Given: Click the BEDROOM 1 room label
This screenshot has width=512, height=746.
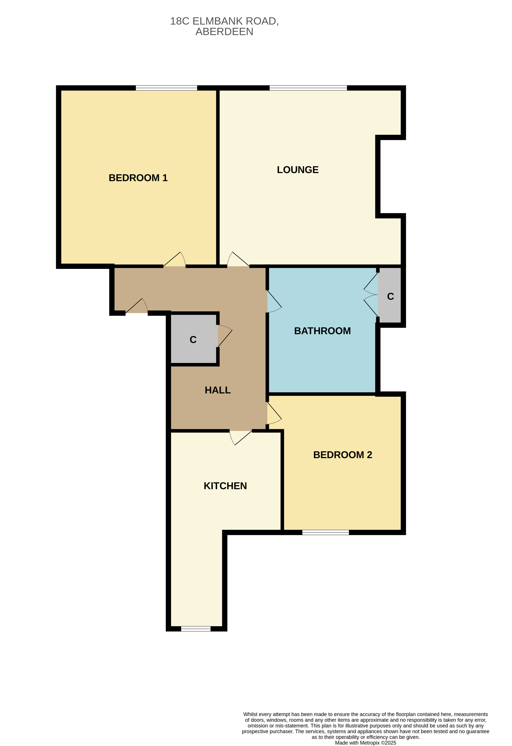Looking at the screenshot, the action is click(138, 178).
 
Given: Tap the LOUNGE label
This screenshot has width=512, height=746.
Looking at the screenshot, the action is click(298, 170).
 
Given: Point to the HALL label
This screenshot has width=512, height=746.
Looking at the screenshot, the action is click(218, 390).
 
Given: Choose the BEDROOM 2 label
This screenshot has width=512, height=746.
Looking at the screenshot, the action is click(343, 455).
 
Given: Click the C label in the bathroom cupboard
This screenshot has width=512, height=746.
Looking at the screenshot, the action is click(390, 296).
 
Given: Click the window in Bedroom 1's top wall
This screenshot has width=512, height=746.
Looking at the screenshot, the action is click(166, 88).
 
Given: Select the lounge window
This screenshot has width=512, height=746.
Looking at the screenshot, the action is click(308, 88).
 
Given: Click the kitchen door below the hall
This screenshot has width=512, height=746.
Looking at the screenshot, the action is click(241, 438).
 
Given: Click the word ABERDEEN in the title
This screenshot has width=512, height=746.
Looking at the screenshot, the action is click(224, 32).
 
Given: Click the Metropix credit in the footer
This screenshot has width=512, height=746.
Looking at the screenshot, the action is click(366, 743).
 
